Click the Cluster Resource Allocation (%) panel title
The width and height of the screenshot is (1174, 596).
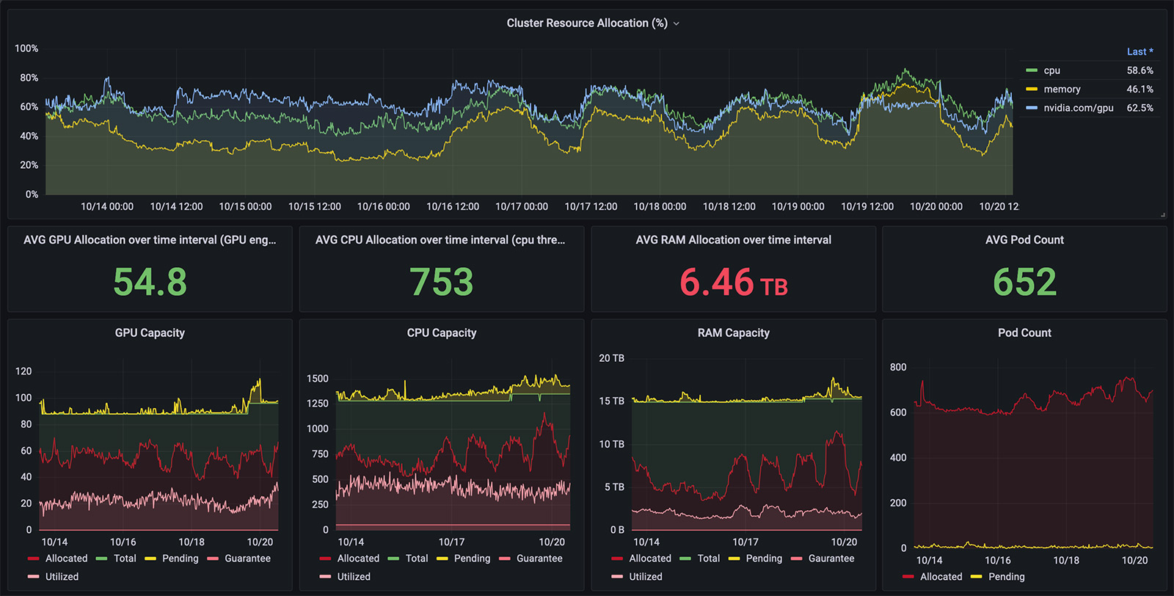[586, 23]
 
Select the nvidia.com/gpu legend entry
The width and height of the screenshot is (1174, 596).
[1078, 108]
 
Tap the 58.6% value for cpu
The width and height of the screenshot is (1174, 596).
[1140, 70]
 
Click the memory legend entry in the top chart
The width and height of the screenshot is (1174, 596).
[1062, 90]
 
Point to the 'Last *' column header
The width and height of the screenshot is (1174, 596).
[1140, 51]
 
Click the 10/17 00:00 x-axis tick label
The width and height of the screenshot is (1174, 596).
[521, 207]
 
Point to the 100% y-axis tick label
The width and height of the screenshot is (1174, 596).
[26, 48]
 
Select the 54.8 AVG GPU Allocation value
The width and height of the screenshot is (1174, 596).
[150, 282]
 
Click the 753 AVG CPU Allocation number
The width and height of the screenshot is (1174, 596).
[441, 282]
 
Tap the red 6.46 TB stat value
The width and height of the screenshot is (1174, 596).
[733, 283]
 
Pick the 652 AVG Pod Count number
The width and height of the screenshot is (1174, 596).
[1024, 282]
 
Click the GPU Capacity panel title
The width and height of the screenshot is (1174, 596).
[150, 333]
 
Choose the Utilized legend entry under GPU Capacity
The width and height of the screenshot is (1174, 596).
[62, 577]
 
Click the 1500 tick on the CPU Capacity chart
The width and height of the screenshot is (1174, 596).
[318, 379]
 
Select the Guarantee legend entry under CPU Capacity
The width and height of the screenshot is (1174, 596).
[539, 559]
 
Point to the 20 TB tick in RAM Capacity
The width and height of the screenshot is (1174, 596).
[611, 358]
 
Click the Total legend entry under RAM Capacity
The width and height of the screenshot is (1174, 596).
[708, 559]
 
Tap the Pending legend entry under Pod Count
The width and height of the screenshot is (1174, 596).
[1006, 577]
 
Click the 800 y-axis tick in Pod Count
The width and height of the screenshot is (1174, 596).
[898, 368]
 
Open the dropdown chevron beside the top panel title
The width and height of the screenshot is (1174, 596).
[677, 23]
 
